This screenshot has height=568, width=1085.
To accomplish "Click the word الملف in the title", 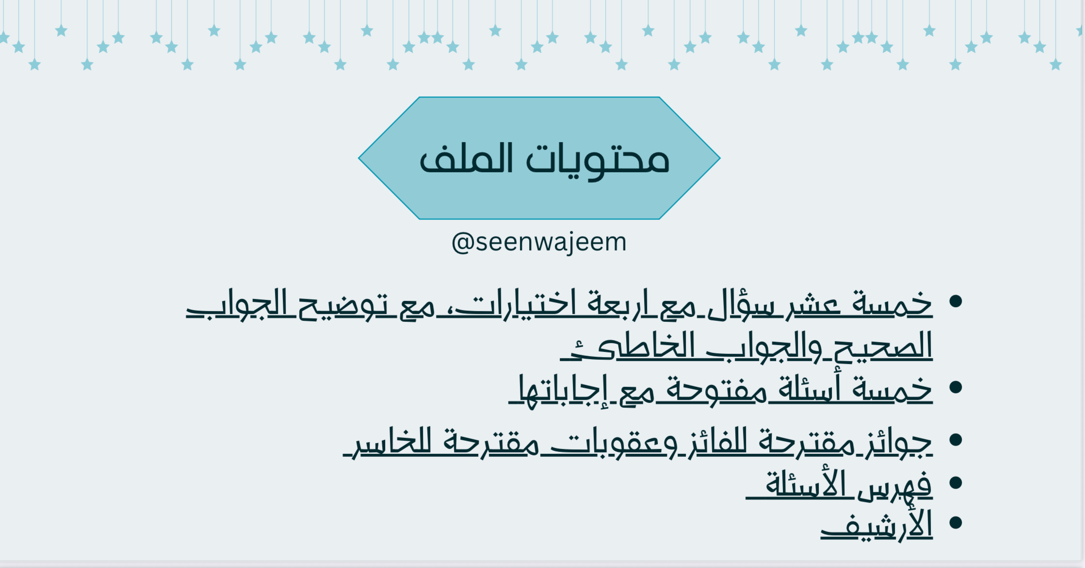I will (x=466, y=159).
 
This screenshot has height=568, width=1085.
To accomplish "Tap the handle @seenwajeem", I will (x=539, y=242).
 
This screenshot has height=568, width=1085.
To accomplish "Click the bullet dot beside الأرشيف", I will (x=955, y=523).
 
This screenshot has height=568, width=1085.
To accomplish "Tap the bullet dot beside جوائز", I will (x=955, y=440).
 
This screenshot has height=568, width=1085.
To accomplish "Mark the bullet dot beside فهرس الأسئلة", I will (x=955, y=483).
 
